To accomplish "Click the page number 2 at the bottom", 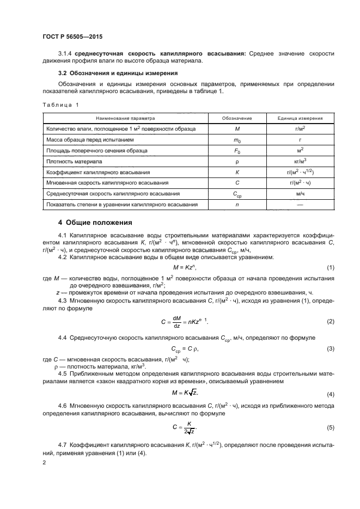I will (44, 462).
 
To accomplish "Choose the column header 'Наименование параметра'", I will (125, 118).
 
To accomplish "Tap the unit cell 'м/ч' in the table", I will (300, 194).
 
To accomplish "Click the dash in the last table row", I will (300, 205).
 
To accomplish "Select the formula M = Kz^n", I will (184, 267).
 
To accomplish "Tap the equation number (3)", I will (330, 348).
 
